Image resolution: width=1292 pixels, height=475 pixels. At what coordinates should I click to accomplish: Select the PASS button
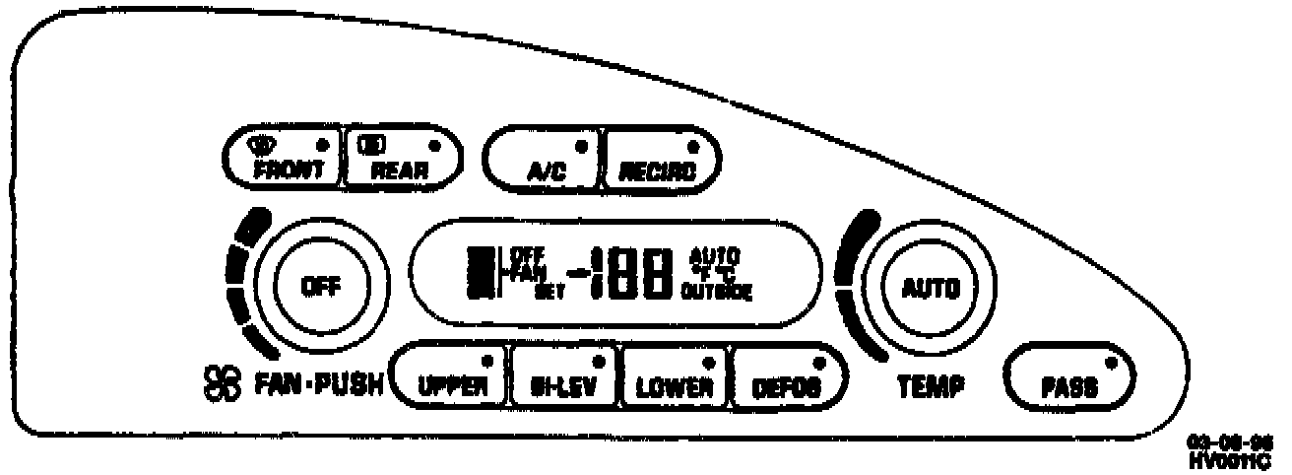[1069, 379]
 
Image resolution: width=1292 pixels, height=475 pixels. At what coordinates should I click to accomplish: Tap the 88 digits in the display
[640, 274]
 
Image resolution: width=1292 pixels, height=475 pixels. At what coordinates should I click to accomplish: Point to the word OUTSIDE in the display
[717, 292]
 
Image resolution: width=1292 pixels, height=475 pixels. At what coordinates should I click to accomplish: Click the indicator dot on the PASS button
[1111, 363]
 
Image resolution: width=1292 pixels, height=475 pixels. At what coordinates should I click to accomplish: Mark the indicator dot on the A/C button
[581, 145]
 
